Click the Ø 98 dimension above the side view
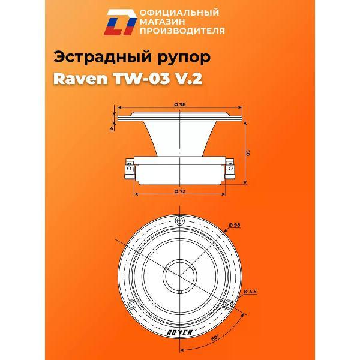pyautogui.click(x=181, y=104)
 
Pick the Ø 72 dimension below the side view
pyautogui.click(x=179, y=191)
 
